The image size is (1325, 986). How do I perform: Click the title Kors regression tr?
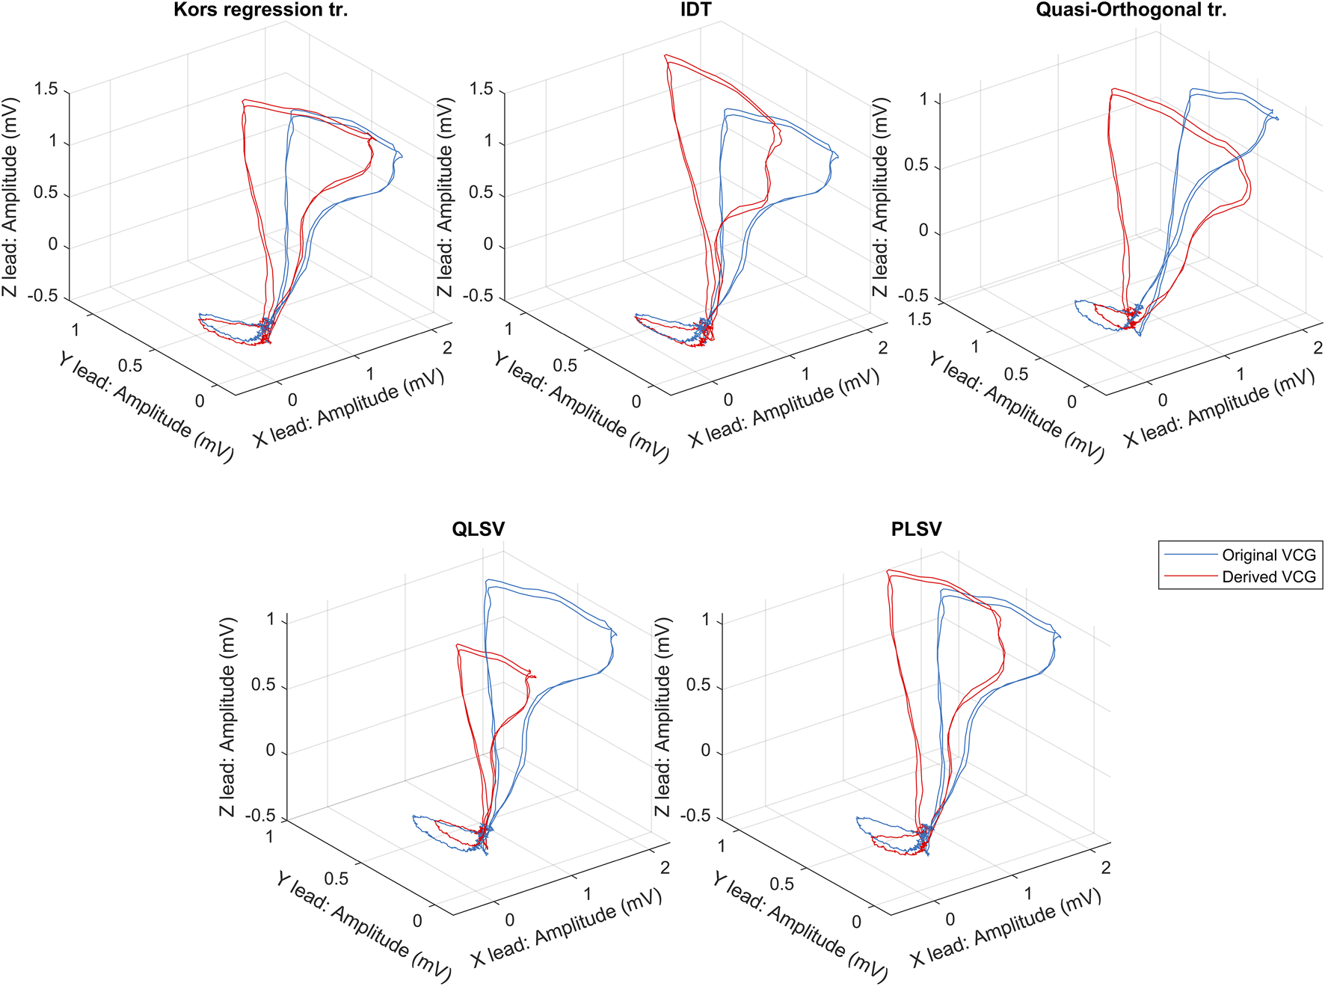(x=260, y=10)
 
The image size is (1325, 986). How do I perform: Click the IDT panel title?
(x=695, y=10)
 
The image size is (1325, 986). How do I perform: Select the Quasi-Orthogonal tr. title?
(x=1131, y=10)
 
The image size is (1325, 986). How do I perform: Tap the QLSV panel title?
(x=478, y=529)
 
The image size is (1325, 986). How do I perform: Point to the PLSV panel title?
(x=916, y=529)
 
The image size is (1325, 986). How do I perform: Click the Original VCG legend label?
(x=1268, y=555)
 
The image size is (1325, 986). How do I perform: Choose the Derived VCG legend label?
(x=1268, y=577)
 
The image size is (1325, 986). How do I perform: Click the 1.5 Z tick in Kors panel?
(x=46, y=90)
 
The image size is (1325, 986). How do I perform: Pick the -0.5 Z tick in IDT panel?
(x=478, y=296)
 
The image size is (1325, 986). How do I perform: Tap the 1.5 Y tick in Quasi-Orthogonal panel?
(x=920, y=320)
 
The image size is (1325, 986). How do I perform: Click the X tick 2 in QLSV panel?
(x=665, y=868)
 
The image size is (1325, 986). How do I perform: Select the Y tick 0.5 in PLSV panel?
(x=781, y=884)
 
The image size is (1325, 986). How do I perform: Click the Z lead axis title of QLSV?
(x=227, y=716)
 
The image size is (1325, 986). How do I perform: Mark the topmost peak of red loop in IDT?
(x=665, y=55)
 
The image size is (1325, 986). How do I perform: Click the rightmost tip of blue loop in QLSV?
(x=615, y=635)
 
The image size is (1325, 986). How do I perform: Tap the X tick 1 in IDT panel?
(x=805, y=374)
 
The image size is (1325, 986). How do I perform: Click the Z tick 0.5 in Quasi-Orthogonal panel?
(x=917, y=164)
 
